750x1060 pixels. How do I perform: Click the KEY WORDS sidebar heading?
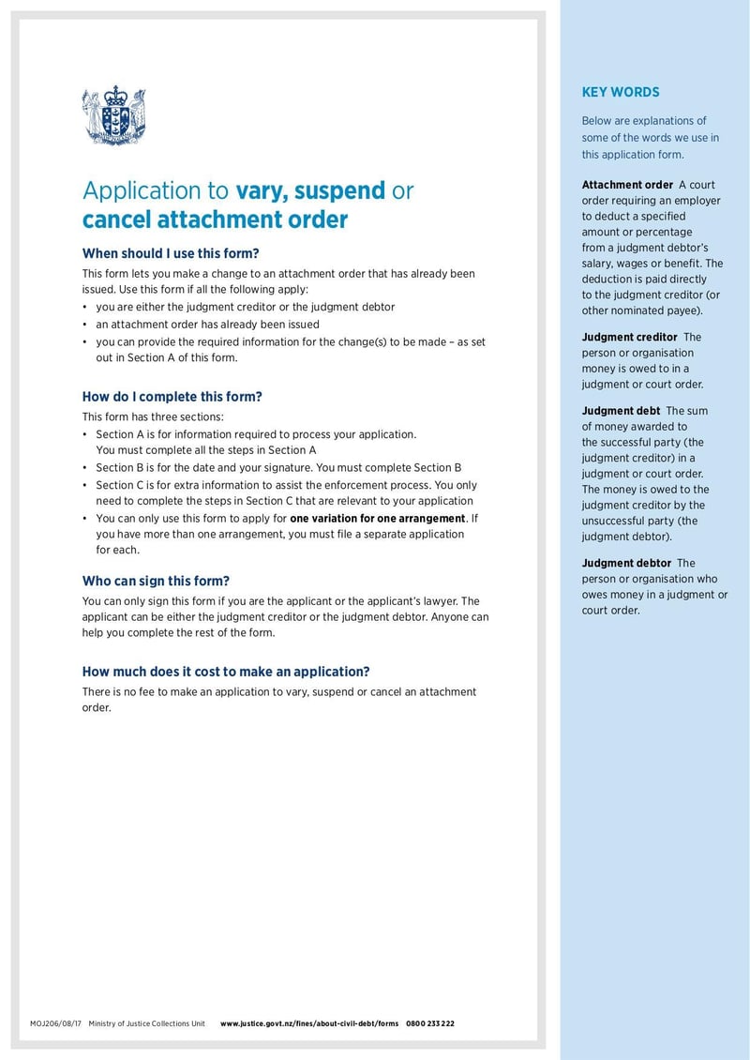(620, 92)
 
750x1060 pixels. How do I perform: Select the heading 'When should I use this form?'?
(171, 253)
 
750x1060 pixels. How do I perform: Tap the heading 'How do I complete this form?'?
(172, 397)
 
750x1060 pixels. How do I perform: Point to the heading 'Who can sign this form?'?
(156, 581)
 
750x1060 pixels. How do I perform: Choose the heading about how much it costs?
(226, 672)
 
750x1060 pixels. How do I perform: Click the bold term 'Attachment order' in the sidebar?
(627, 185)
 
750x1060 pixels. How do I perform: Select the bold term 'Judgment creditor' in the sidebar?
(629, 337)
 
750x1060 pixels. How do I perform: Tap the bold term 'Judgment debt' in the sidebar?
(621, 411)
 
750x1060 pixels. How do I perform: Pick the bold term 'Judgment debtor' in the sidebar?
(626, 563)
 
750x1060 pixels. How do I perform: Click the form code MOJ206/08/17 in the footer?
(56, 1023)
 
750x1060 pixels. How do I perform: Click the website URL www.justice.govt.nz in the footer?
(309, 1023)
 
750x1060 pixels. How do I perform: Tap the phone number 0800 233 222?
(430, 1023)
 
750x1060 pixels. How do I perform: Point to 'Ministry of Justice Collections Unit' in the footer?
(146, 1023)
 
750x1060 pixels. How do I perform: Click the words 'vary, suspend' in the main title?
(310, 190)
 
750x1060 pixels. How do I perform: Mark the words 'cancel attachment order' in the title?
(215, 220)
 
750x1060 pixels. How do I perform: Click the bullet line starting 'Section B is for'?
(278, 467)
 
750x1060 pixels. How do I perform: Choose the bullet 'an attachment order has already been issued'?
(207, 324)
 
